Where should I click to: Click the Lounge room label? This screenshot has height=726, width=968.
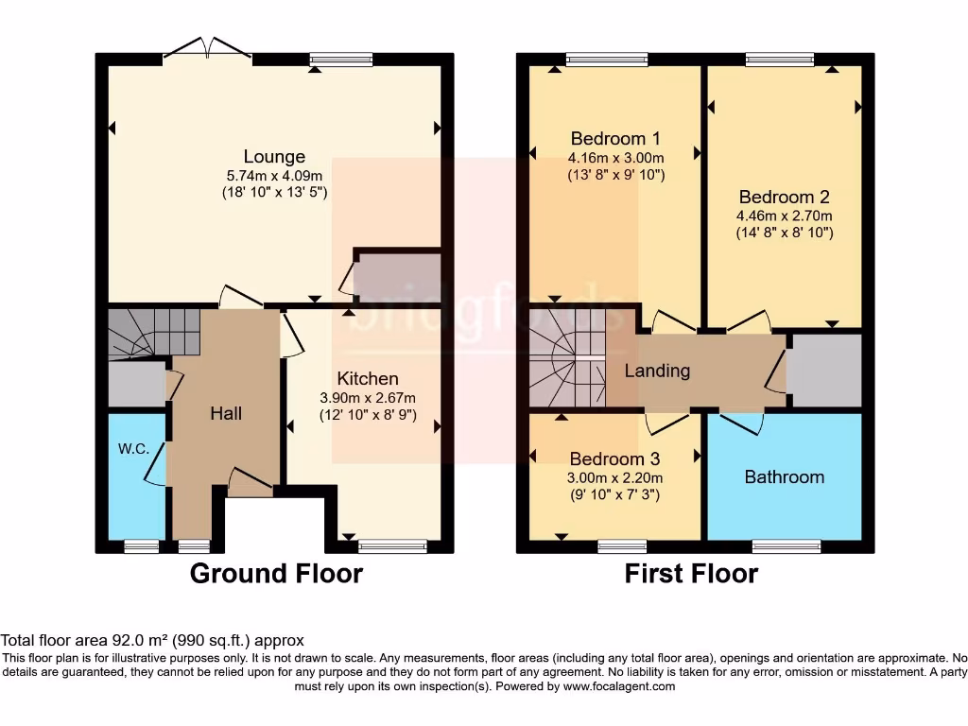click(x=274, y=157)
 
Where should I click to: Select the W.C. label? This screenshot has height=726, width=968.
click(x=133, y=449)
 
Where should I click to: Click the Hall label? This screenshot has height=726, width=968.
click(x=226, y=413)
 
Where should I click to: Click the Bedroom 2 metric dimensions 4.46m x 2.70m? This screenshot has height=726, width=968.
click(x=785, y=215)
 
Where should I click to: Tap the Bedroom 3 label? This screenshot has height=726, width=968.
click(x=615, y=459)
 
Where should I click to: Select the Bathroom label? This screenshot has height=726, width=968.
click(x=784, y=477)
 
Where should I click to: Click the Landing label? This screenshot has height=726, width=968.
click(x=657, y=371)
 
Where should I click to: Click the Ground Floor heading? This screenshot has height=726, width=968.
click(x=276, y=574)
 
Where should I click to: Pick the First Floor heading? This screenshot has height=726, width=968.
click(x=691, y=574)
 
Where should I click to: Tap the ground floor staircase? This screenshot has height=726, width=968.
click(x=153, y=332)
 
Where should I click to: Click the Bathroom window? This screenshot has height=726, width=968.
click(x=786, y=545)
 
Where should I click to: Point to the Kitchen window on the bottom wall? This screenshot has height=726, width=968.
click(x=392, y=545)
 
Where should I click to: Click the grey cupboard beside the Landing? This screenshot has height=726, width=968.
click(x=824, y=372)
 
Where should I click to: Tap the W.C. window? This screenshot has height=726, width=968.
click(x=142, y=545)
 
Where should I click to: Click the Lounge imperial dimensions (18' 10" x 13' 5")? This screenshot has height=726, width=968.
click(x=274, y=192)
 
